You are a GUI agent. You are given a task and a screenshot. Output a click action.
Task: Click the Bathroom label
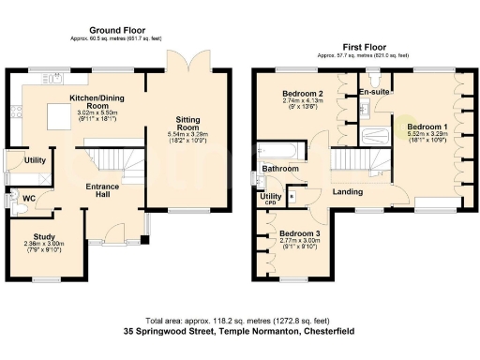click(281, 169)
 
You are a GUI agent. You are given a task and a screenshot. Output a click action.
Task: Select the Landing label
click(349, 192)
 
